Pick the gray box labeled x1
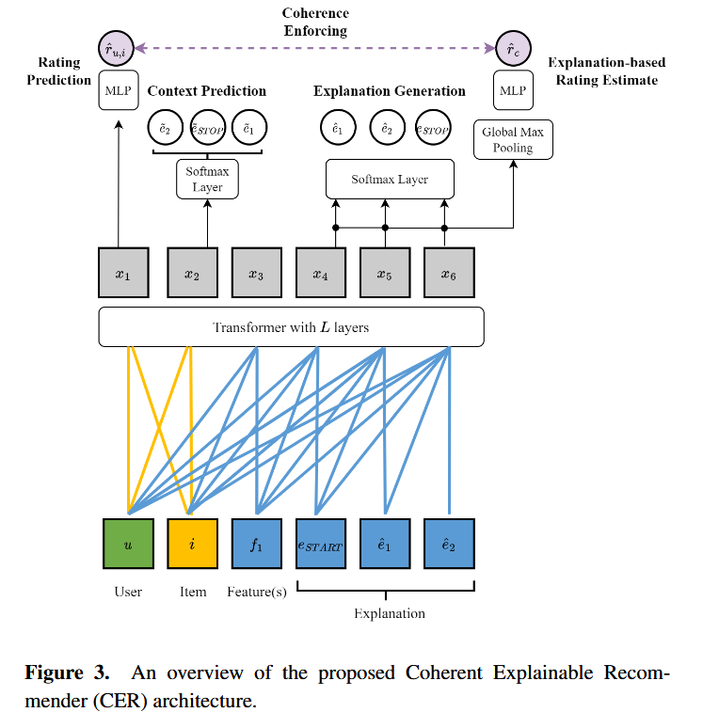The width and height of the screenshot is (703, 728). tap(122, 274)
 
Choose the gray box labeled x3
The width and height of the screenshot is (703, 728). tap(256, 274)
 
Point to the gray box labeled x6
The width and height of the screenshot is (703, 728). tap(449, 274)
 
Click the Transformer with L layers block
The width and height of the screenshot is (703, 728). tap(291, 327)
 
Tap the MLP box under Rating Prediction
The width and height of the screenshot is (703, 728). tap(118, 92)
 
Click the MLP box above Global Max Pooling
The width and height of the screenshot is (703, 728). tap(512, 91)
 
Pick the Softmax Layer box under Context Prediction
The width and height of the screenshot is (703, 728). tap(207, 178)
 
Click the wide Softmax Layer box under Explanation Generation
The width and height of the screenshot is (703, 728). tap(390, 179)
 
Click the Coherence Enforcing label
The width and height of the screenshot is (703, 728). tap(315, 22)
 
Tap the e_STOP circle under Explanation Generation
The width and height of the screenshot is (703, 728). tap(434, 129)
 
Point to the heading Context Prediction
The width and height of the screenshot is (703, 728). tap(207, 91)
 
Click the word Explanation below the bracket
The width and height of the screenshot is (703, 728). tap(389, 613)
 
